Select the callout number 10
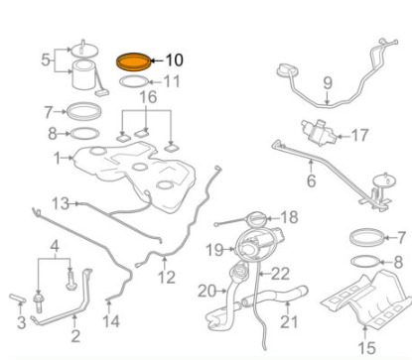pos(174,60)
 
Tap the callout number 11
pos(172,81)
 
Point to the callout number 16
pos(148,97)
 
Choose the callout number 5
pos(46,60)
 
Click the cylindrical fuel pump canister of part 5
pos(83,74)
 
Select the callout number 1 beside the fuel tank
pos(58,159)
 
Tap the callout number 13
pos(61,203)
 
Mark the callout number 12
pos(166,277)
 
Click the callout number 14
pos(111,321)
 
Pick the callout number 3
pos(21,322)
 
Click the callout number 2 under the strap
pos(75,336)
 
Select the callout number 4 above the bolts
pos(55,246)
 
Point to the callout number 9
pos(328,83)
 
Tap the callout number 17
pos(359,135)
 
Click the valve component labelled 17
pos(319,133)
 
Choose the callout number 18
pos(290,217)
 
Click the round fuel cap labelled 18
pos(256,219)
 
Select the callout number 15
pos(366,348)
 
